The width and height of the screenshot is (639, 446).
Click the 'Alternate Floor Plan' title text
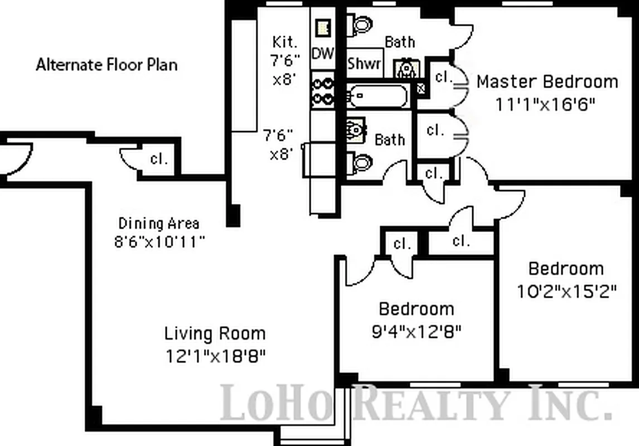[106, 65]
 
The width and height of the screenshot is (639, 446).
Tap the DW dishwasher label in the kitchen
[322, 54]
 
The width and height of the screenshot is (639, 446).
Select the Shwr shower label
[364, 64]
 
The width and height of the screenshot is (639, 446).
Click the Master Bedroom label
[547, 81]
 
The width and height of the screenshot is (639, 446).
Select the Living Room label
[215, 334]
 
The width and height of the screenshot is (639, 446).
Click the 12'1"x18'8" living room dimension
[215, 356]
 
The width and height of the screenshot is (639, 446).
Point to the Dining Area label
[159, 224]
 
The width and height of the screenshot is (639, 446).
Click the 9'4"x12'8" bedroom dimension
[416, 332]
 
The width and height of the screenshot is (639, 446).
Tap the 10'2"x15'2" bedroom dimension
[565, 291]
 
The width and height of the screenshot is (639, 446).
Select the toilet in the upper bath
[360, 23]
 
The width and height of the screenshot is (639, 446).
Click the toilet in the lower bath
[360, 163]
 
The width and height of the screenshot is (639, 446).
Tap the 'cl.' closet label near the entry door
[159, 159]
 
